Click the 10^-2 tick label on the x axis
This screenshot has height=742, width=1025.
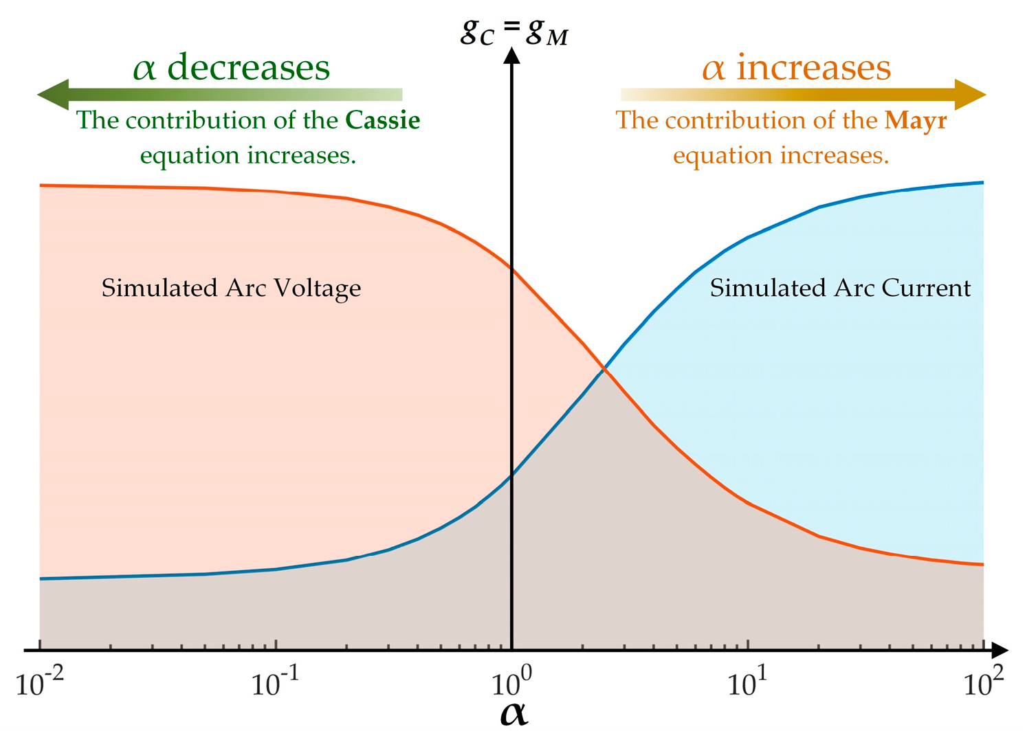(40, 683)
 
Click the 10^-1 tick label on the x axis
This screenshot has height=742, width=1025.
(275, 683)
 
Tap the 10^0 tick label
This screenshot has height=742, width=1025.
(511, 683)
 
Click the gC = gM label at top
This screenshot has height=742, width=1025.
(514, 32)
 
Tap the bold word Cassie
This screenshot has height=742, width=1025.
(382, 120)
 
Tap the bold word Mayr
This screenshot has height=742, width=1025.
(916, 120)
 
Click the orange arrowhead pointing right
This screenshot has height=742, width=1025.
(971, 95)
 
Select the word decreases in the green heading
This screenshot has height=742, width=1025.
(249, 67)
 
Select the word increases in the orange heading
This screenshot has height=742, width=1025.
(813, 67)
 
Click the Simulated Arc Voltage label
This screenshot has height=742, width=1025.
(231, 288)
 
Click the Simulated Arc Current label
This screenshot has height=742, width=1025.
(840, 288)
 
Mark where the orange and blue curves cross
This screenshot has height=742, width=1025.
(604, 370)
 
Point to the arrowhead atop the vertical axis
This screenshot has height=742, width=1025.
(511, 55)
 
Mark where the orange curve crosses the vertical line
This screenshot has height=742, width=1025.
(511, 268)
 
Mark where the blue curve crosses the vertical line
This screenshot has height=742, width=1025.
(511, 475)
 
